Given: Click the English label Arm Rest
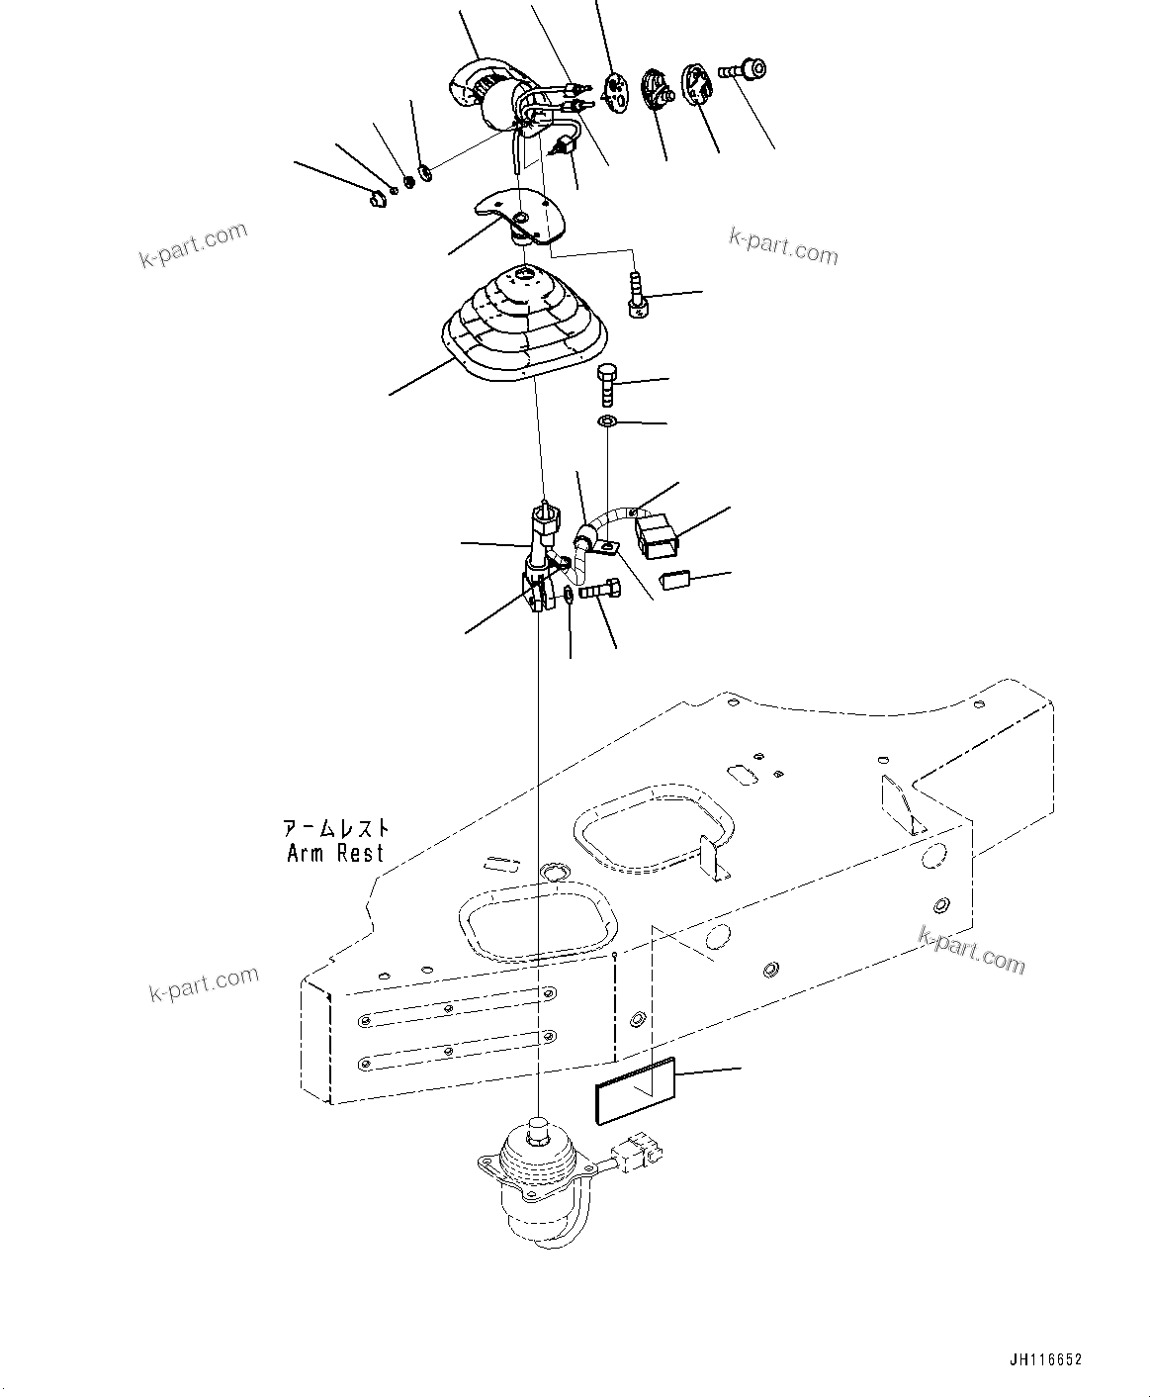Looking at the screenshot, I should pyautogui.click(x=334, y=853).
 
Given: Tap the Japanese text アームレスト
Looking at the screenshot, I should pyautogui.click(x=336, y=828).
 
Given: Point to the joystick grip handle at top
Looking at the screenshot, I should pyautogui.click(x=487, y=96).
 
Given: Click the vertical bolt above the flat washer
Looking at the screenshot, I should pyautogui.click(x=607, y=385).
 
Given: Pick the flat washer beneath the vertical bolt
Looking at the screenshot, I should pyautogui.click(x=607, y=423).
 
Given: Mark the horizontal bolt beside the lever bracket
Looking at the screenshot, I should pyautogui.click(x=601, y=592).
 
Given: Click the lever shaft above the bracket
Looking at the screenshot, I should pyautogui.click(x=543, y=534).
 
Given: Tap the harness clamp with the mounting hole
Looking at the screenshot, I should pyautogui.click(x=596, y=540).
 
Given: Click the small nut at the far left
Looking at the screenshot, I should pyautogui.click(x=376, y=201).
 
